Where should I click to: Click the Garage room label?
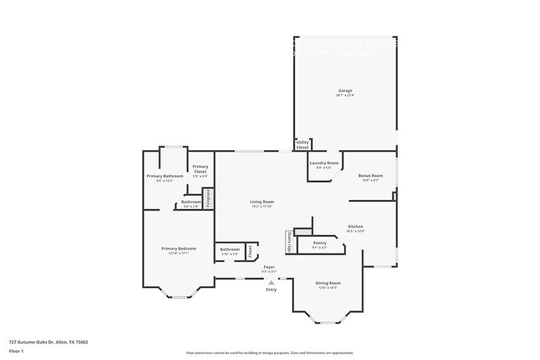(345, 91)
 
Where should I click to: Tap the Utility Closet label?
(302, 144)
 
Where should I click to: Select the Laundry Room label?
(323, 163)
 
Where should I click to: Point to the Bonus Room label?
(370, 176)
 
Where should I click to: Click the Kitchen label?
(356, 226)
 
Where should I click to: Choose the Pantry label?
(320, 243)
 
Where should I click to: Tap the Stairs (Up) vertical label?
(289, 242)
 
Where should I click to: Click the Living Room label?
(261, 201)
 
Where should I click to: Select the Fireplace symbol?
(208, 198)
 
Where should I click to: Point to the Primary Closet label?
(200, 169)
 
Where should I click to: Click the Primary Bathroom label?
(165, 176)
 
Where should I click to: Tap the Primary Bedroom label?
(179, 249)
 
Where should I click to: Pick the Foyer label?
(269, 267)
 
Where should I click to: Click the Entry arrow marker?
(271, 282)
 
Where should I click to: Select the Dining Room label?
(328, 283)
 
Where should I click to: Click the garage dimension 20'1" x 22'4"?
(345, 96)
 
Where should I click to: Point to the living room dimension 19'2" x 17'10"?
(261, 206)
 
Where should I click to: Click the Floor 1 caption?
(16, 351)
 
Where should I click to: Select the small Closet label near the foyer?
(250, 252)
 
